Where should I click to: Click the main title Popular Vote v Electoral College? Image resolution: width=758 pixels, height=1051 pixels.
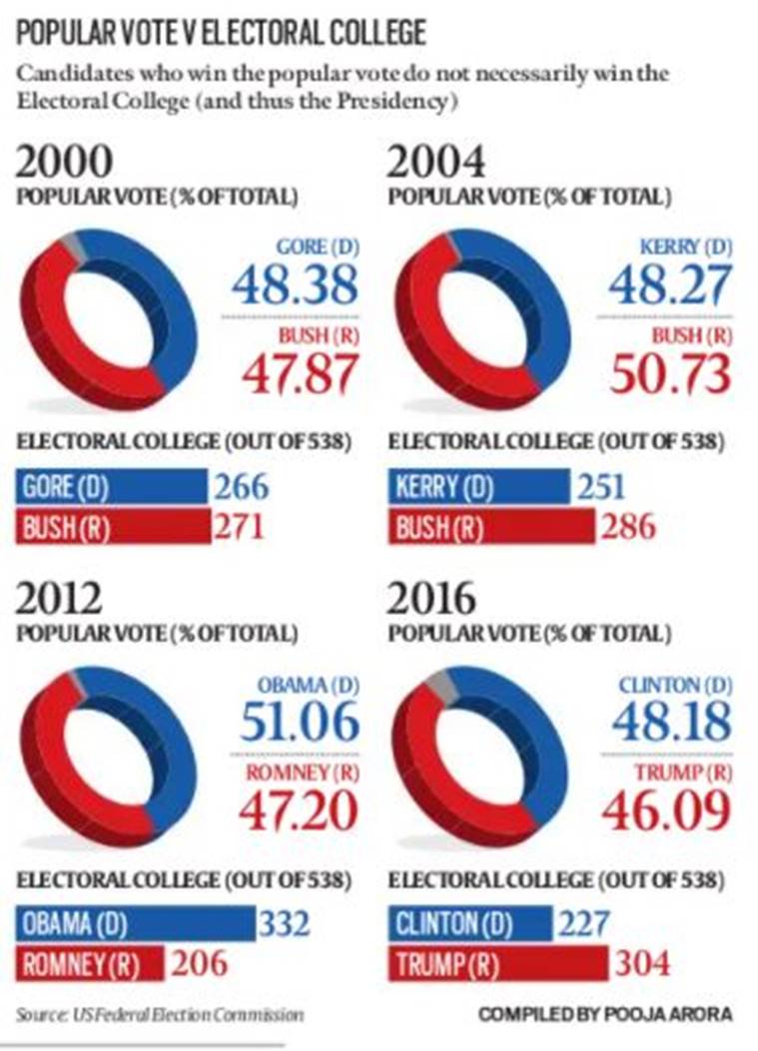pos(221,33)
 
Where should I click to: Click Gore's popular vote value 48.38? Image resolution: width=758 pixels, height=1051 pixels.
pos(295,285)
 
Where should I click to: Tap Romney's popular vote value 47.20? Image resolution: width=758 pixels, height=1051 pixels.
pos(297,810)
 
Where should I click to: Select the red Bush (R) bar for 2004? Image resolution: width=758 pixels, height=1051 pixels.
pos(489,527)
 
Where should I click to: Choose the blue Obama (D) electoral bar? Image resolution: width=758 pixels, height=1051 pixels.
pos(135,924)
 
